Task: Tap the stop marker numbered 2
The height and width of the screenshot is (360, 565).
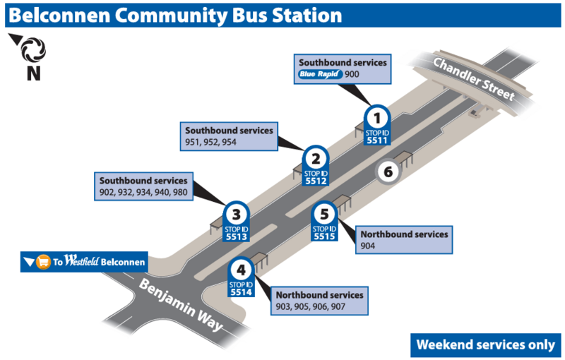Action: click(x=316, y=159)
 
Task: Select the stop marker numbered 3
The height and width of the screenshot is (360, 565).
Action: click(x=236, y=213)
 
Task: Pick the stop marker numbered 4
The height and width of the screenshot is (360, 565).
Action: click(x=242, y=269)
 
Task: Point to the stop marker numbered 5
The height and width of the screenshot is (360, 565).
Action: click(x=324, y=213)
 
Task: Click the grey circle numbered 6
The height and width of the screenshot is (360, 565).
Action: click(x=388, y=171)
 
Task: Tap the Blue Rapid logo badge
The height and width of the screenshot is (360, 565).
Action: click(x=320, y=73)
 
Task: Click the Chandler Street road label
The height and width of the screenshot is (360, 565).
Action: click(x=475, y=79)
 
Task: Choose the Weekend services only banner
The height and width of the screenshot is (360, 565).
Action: click(x=485, y=344)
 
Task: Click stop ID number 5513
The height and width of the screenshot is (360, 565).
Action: click(x=236, y=237)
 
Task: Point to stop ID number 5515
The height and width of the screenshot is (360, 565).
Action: click(x=324, y=237)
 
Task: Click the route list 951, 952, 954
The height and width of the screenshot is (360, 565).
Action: click(x=210, y=143)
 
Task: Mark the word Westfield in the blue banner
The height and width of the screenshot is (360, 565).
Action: click(x=81, y=262)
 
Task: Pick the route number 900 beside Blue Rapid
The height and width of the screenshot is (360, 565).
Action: click(x=352, y=74)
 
